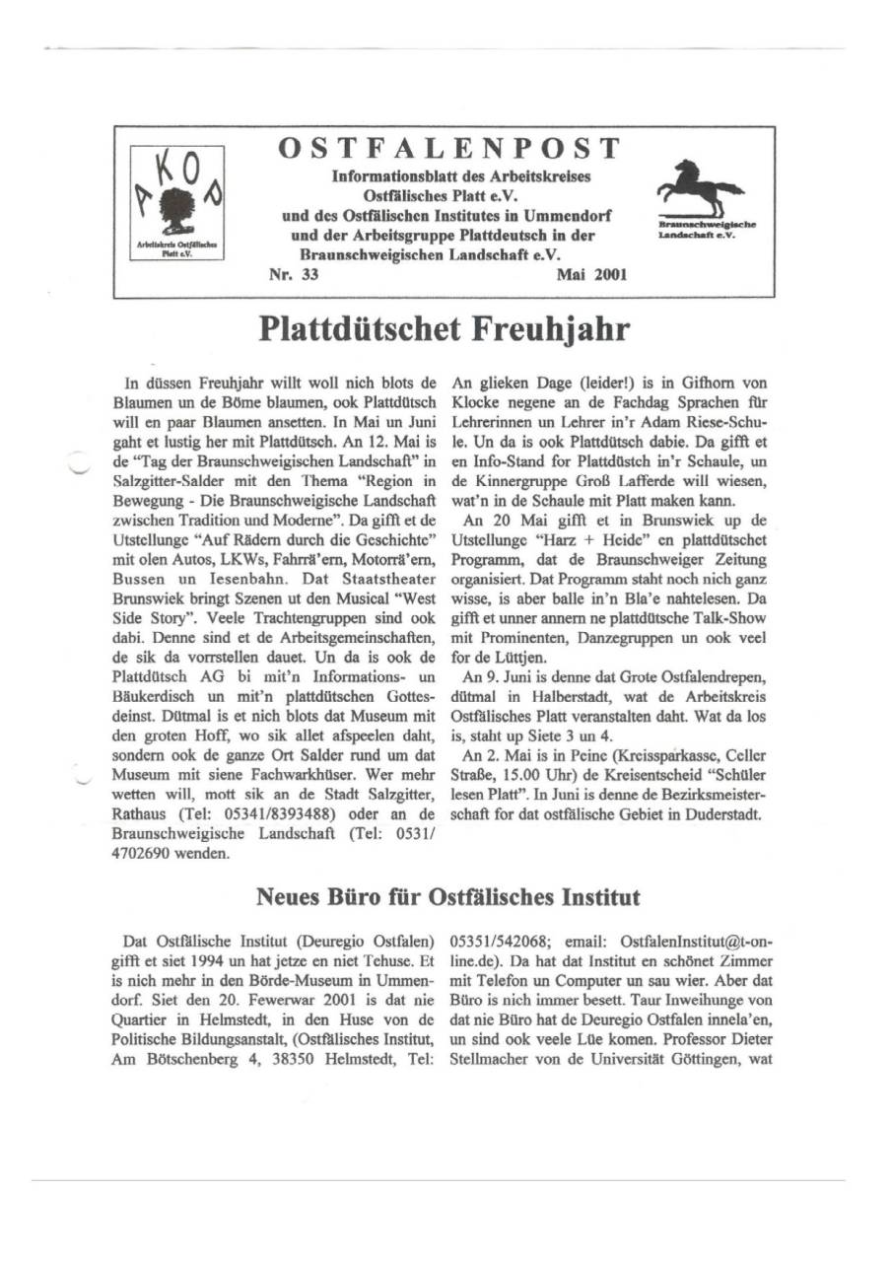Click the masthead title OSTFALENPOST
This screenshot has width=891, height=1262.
click(449, 149)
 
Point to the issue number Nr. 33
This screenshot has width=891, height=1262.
click(294, 276)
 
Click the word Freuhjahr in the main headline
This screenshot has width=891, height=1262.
click(547, 330)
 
